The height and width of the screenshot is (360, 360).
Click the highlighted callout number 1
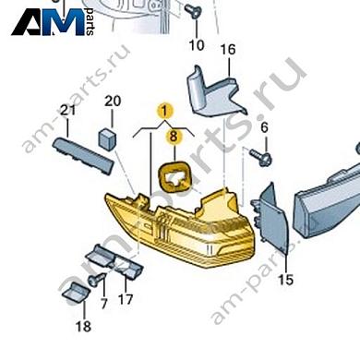click(164, 111)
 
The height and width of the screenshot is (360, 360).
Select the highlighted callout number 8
click(174, 137)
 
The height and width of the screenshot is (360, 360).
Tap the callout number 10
click(197, 45)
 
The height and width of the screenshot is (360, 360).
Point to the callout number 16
click(228, 50)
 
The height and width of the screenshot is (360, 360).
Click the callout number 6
click(265, 127)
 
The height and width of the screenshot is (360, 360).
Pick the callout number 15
click(285, 280)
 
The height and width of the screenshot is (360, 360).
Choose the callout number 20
click(113, 101)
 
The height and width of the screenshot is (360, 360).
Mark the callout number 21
click(67, 110)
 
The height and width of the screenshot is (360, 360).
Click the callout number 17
click(126, 299)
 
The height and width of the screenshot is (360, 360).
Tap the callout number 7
click(103, 304)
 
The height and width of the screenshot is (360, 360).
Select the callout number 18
click(83, 327)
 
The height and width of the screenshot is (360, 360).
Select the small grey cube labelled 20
click(107, 139)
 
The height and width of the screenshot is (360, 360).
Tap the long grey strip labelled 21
click(83, 156)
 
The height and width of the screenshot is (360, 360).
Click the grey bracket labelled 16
click(216, 92)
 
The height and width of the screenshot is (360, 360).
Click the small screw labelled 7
click(95, 280)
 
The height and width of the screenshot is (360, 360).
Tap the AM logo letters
click(49, 22)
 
